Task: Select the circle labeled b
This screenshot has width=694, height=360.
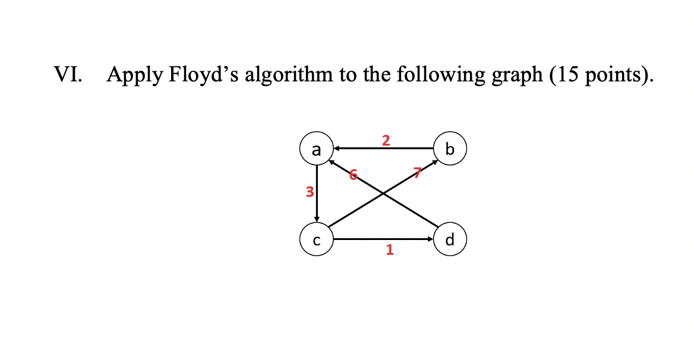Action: pos(450,149)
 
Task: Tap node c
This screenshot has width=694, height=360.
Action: pos(317,240)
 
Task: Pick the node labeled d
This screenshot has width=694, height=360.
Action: pos(450,240)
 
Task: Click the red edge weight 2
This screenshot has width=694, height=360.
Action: pos(386,140)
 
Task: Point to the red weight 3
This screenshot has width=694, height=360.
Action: pos(309,191)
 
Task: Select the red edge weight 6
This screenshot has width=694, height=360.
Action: pos(353,175)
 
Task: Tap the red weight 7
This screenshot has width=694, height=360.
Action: pos(417,173)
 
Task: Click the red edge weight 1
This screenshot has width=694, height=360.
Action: pos(389,250)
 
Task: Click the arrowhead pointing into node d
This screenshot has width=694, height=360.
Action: pos(431,240)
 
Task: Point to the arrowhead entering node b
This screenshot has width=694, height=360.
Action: pos(433,162)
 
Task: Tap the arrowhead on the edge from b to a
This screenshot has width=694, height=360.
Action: pos(336,148)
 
